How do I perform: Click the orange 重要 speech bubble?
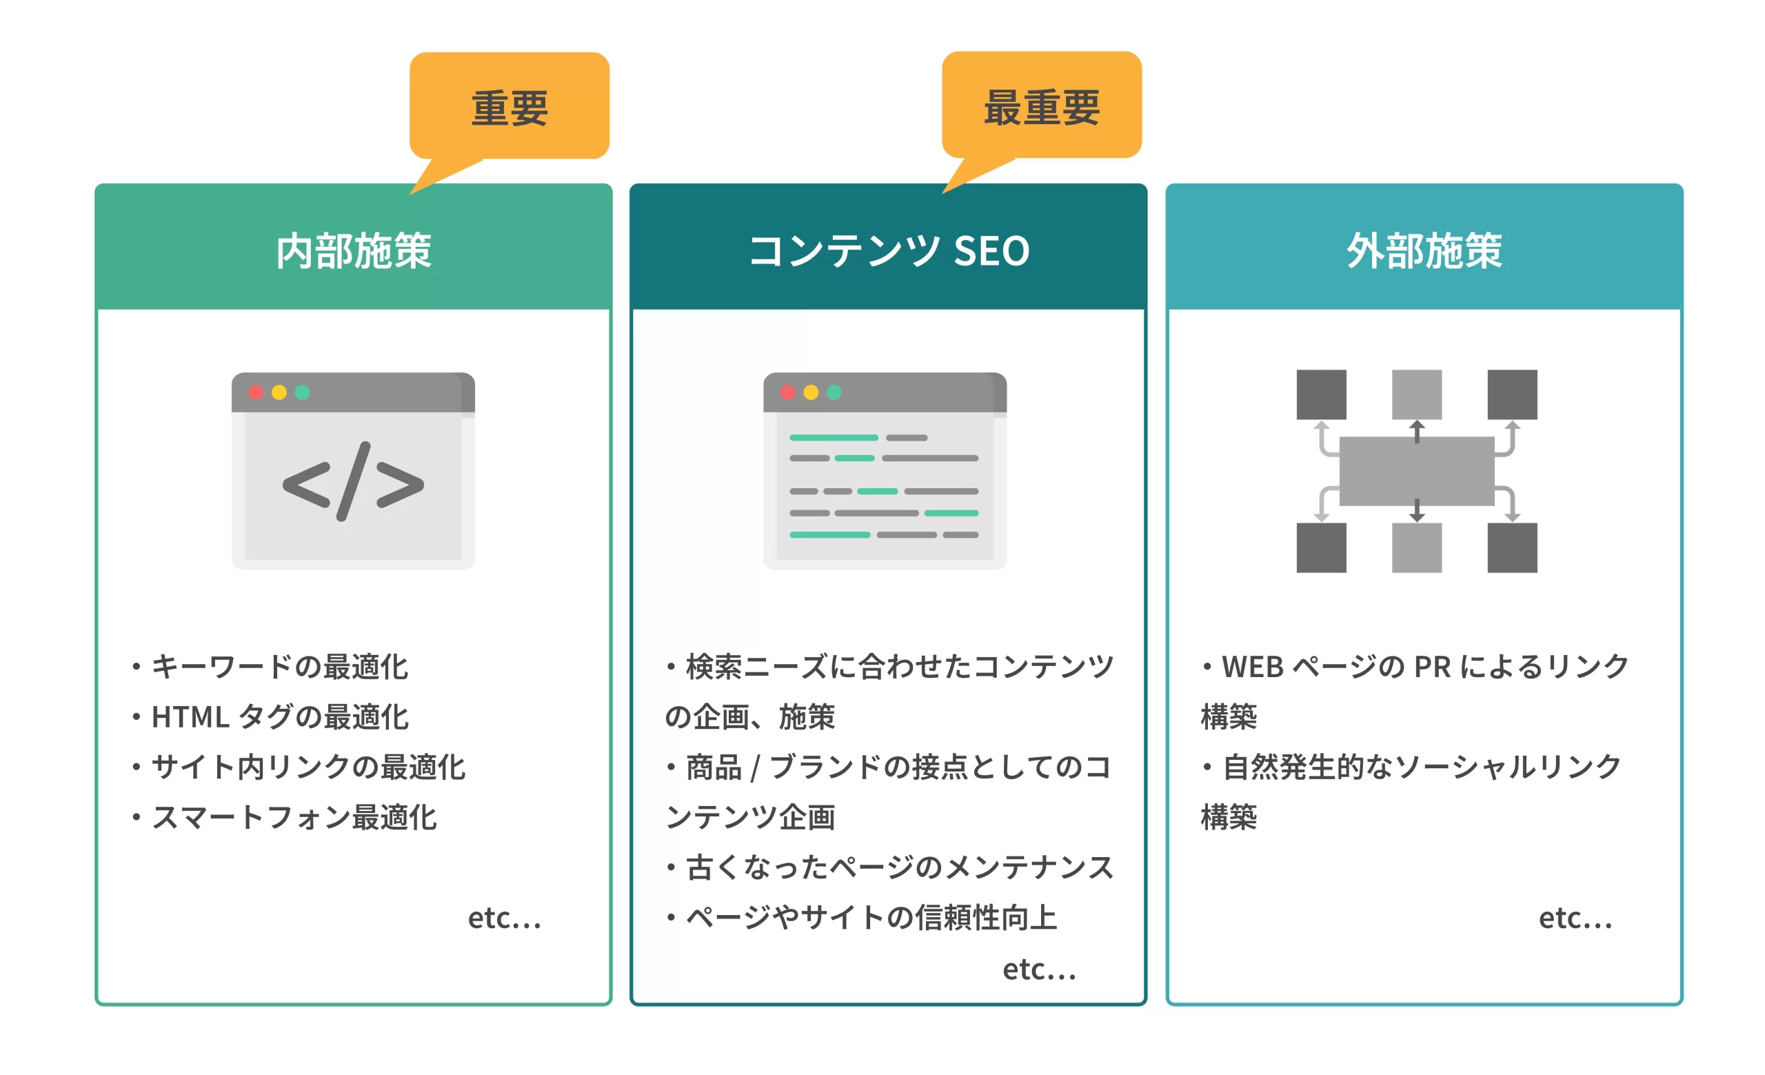click(510, 108)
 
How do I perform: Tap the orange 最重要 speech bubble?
click(1042, 108)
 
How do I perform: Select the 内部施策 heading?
click(354, 251)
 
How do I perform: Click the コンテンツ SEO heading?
click(888, 251)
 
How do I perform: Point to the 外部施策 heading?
click(1424, 251)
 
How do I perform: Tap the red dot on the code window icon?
click(256, 392)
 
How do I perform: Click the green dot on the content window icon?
click(834, 392)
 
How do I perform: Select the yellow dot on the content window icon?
click(811, 392)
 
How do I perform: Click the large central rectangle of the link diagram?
click(1416, 471)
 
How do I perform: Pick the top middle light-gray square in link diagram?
click(1416, 394)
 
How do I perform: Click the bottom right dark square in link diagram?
click(1511, 547)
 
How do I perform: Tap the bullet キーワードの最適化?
click(279, 666)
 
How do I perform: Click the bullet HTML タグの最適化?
click(279, 716)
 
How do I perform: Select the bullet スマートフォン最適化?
click(294, 816)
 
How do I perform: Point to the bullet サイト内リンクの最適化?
click(308, 766)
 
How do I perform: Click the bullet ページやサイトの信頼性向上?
click(870, 916)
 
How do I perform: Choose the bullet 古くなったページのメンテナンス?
click(899, 867)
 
